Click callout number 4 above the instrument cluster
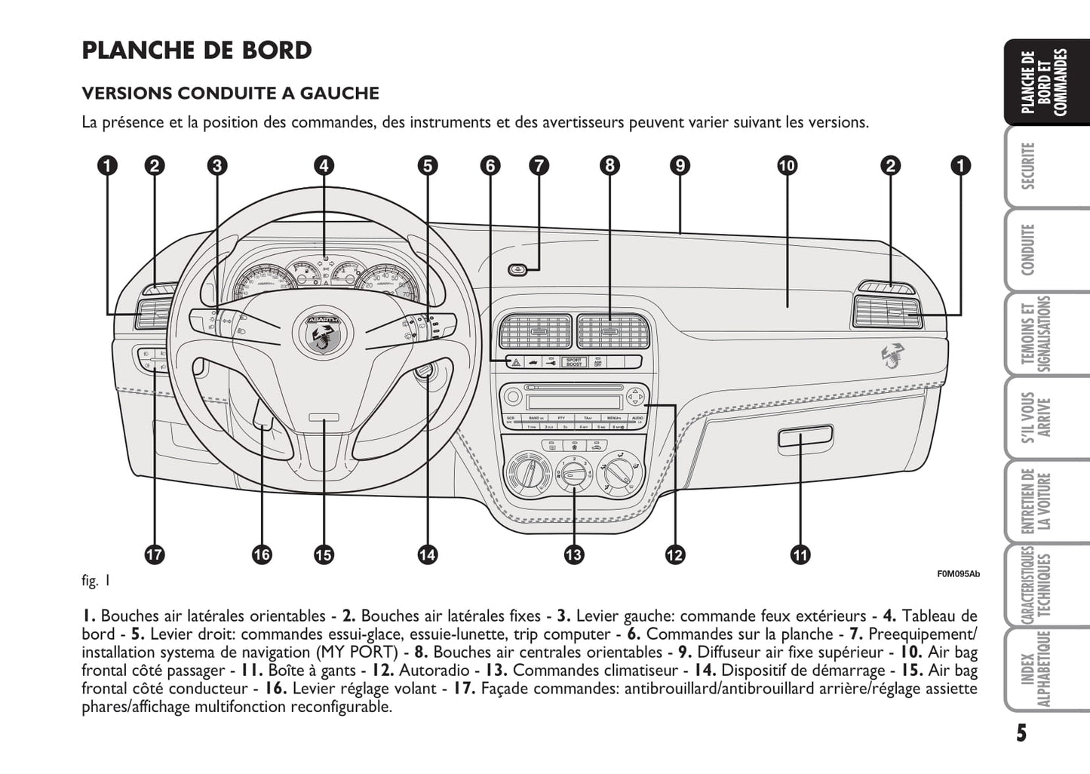pyautogui.click(x=324, y=166)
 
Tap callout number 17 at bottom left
pyautogui.click(x=154, y=554)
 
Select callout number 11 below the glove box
pyautogui.click(x=800, y=554)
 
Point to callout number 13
pyautogui.click(x=573, y=554)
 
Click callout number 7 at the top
pyautogui.click(x=539, y=166)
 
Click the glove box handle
pyautogui.click(x=805, y=435)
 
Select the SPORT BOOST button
pyautogui.click(x=575, y=362)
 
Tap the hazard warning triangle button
pyautogui.click(x=516, y=363)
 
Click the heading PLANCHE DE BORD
pyautogui.click(x=197, y=51)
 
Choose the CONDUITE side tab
pyautogui.click(x=1028, y=250)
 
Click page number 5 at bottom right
pyautogui.click(x=1021, y=733)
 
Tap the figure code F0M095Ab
pyautogui.click(x=958, y=574)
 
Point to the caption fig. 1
pyautogui.click(x=97, y=580)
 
